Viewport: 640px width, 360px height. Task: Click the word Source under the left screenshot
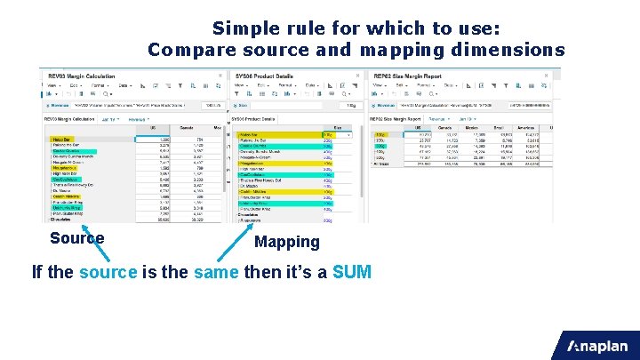77,238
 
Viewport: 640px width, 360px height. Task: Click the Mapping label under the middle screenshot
286,242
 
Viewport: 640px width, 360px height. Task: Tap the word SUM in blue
351,272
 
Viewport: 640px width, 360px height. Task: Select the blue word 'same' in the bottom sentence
216,272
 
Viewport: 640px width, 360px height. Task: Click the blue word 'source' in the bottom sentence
108,272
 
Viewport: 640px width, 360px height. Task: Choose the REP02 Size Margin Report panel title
408,76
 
